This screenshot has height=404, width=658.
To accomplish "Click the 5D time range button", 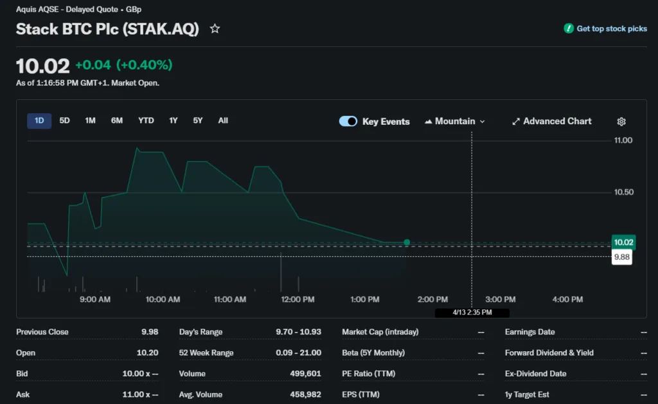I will click(64, 121).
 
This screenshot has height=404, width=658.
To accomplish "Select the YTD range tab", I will click(146, 121).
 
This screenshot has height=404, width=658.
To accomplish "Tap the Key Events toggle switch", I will click(348, 121).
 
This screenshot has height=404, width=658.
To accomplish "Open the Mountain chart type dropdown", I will click(455, 121).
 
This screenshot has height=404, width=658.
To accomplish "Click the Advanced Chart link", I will click(551, 121).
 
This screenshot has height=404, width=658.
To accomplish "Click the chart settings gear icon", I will click(621, 122).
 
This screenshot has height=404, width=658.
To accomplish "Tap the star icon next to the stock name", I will click(215, 29).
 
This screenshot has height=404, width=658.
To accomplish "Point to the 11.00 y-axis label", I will click(623, 140).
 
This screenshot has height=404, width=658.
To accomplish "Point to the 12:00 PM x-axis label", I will click(298, 299).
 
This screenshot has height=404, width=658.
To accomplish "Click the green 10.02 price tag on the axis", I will click(623, 242).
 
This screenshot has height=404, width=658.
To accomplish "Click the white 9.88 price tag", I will click(622, 257).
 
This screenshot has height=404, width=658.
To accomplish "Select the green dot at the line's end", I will click(407, 243).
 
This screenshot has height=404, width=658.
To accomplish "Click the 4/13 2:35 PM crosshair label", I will click(472, 313).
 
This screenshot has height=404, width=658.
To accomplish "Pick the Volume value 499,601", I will click(305, 374).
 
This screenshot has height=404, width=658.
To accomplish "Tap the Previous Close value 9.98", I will click(150, 332).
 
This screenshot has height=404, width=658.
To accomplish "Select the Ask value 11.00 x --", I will click(140, 394).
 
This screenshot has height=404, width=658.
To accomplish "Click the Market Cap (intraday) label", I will click(380, 332).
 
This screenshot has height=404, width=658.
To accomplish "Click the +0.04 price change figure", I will click(93, 65).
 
